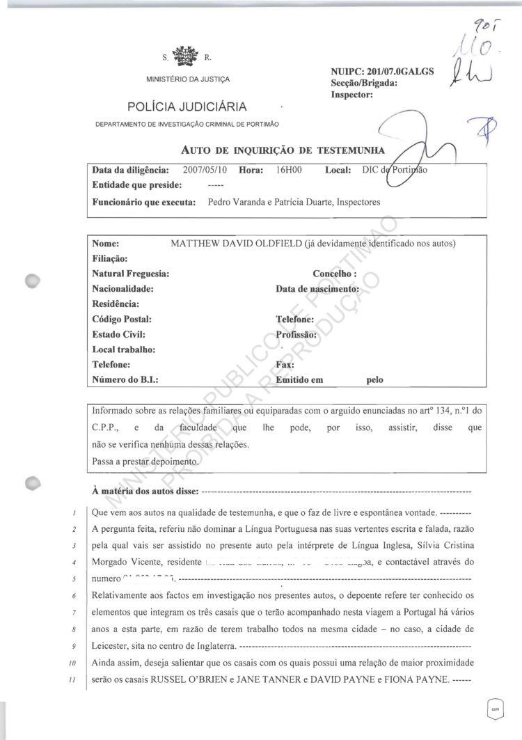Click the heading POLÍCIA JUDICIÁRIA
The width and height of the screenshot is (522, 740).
pos(187,107)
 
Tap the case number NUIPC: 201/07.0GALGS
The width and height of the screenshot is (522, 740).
pos(383,72)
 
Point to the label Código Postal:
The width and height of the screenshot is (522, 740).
pos(122,320)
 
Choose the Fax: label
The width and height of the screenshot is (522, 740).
pos(285,365)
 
